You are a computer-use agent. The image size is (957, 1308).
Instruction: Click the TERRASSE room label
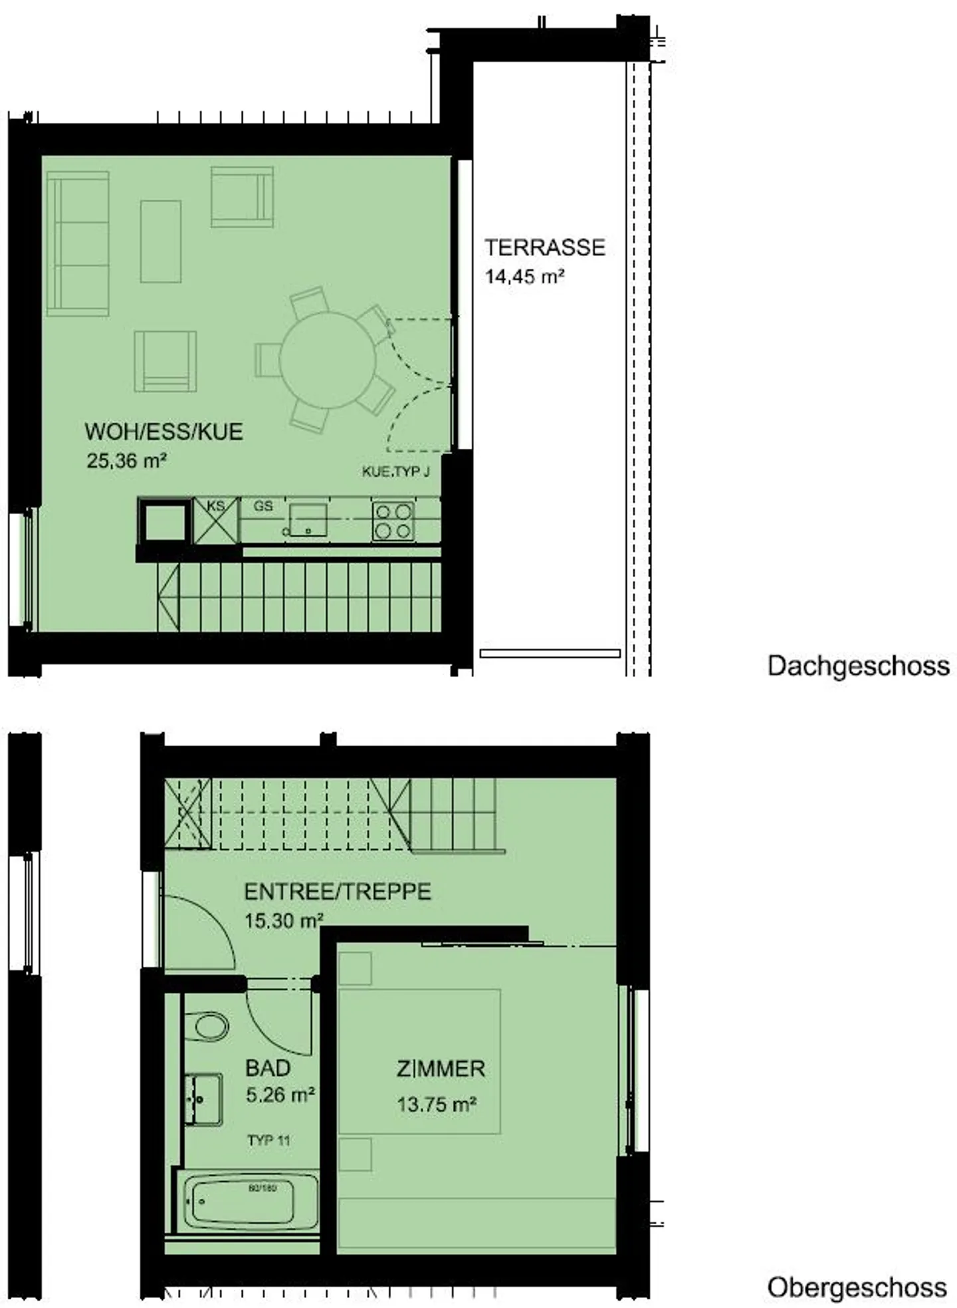click(544, 247)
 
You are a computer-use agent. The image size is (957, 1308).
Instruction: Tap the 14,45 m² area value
click(524, 277)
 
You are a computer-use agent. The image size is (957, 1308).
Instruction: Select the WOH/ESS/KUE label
click(163, 432)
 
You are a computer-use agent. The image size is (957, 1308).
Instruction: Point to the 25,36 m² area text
click(126, 460)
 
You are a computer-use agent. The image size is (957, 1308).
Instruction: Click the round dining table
click(327, 360)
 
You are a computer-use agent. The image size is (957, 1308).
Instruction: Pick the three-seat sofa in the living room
click(78, 244)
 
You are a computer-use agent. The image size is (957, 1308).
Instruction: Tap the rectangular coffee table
click(160, 241)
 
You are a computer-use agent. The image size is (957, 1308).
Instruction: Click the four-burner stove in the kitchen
click(393, 521)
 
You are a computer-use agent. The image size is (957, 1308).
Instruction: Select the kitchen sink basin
click(308, 519)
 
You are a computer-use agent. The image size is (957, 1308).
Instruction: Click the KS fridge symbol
click(215, 521)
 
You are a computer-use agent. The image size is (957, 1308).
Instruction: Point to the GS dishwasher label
click(263, 506)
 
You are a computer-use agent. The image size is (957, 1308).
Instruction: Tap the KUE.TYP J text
click(395, 471)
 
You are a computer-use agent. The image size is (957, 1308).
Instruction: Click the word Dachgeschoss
click(858, 666)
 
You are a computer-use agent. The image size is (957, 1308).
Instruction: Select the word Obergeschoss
click(857, 1269)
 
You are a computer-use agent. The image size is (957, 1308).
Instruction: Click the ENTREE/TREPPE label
click(338, 891)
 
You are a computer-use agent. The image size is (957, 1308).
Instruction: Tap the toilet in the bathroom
click(207, 1027)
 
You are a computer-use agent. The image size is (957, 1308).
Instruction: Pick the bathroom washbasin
click(203, 1099)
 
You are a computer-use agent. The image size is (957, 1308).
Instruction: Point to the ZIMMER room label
click(441, 1069)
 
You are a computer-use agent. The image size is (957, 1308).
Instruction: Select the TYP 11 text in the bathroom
click(268, 1140)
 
